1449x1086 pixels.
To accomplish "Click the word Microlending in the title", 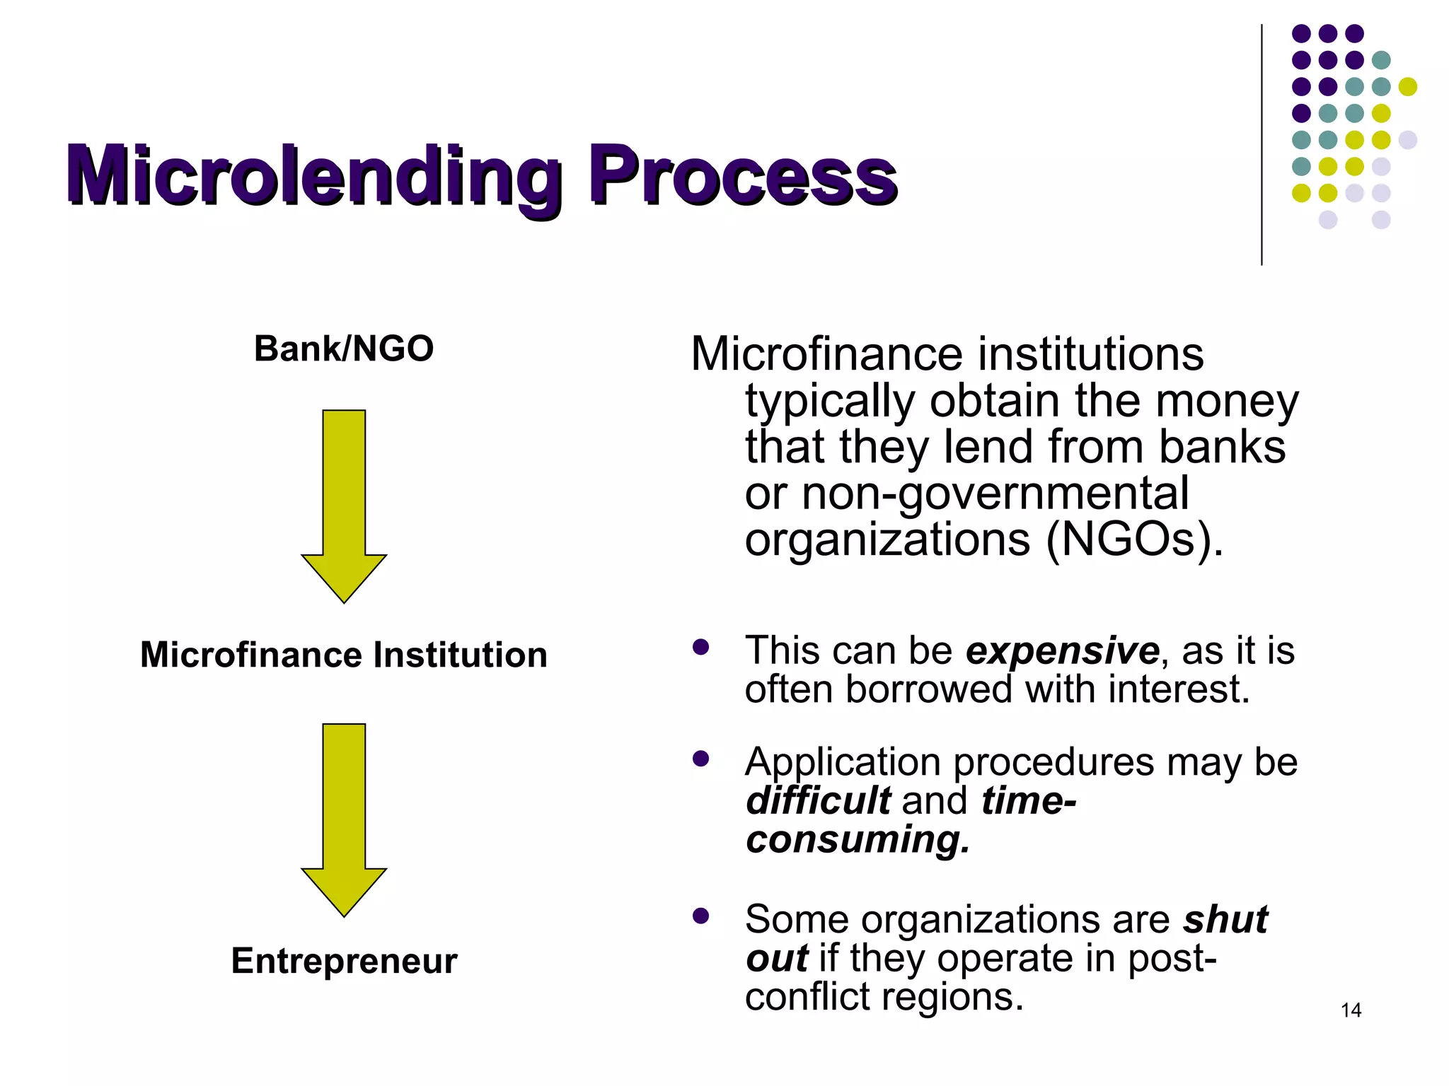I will (x=314, y=175).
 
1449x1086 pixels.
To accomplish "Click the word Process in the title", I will (x=743, y=175).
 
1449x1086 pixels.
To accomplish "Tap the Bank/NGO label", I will (x=344, y=349).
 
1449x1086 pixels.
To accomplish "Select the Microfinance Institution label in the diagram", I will (x=344, y=655).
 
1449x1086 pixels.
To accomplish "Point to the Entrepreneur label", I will (x=344, y=961).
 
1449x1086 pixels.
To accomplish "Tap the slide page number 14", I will (x=1351, y=1010).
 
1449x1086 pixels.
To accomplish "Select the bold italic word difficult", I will (x=818, y=801).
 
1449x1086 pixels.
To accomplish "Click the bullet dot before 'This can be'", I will (x=701, y=648).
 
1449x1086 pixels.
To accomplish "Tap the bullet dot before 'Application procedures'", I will (x=701, y=759).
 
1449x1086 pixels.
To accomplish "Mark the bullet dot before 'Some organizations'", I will (x=701, y=916).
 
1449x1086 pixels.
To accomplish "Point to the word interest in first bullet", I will (x=1179, y=689).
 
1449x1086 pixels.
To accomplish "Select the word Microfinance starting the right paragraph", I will (x=826, y=354).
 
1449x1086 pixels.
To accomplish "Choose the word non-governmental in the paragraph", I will (x=995, y=494).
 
